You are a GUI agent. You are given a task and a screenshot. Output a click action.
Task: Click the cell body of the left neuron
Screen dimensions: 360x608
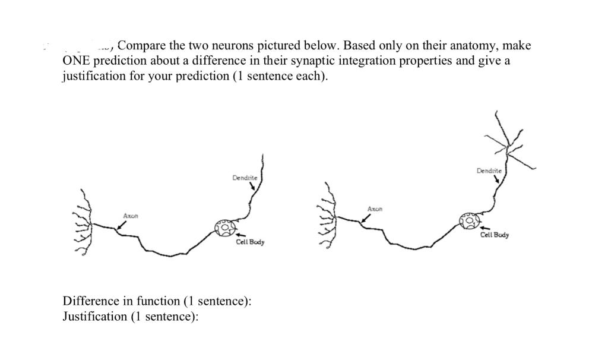226,228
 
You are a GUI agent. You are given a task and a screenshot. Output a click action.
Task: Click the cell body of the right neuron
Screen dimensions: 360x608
469,222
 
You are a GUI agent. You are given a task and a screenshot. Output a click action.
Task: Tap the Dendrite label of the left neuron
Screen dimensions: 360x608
244,177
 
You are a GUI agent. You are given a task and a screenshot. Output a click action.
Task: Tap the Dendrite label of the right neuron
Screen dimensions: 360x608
489,171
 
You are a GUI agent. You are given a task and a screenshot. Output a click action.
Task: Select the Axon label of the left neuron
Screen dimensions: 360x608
130,214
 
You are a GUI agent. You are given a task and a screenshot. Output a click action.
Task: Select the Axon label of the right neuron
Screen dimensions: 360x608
375,209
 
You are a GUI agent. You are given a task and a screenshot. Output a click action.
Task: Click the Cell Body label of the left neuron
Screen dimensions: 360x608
250,242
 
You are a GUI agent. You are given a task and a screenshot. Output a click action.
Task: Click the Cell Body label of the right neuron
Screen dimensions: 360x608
495,235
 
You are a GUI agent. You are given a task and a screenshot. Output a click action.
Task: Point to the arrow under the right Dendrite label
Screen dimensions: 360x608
496,180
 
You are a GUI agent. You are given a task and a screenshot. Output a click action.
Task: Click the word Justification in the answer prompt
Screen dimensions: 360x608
94,317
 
